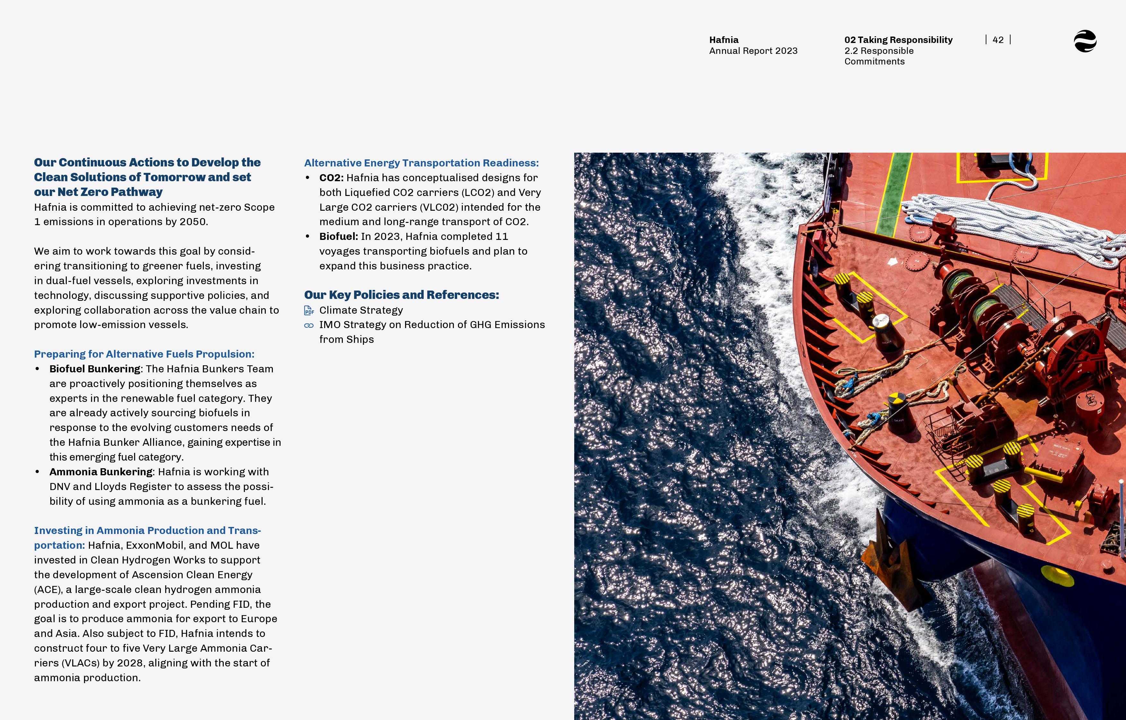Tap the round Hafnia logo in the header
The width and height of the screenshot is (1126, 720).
(x=1085, y=41)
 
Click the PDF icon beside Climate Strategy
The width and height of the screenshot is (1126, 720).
(x=309, y=310)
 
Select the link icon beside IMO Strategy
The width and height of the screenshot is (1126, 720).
(x=309, y=326)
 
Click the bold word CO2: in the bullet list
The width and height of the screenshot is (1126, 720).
(x=331, y=178)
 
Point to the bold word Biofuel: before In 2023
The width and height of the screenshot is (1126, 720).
(x=338, y=237)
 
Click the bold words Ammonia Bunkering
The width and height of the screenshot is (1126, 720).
(x=100, y=472)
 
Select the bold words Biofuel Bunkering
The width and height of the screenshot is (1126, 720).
(x=94, y=369)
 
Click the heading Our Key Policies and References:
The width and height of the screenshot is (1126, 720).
(x=401, y=295)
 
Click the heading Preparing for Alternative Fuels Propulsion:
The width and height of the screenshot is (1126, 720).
(x=144, y=354)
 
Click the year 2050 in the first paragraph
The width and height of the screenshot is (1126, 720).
(x=193, y=222)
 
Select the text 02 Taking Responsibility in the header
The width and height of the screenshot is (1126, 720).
(x=898, y=40)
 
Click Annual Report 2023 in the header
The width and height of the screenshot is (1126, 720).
(x=753, y=51)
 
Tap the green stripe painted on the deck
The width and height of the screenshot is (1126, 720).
(x=891, y=196)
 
